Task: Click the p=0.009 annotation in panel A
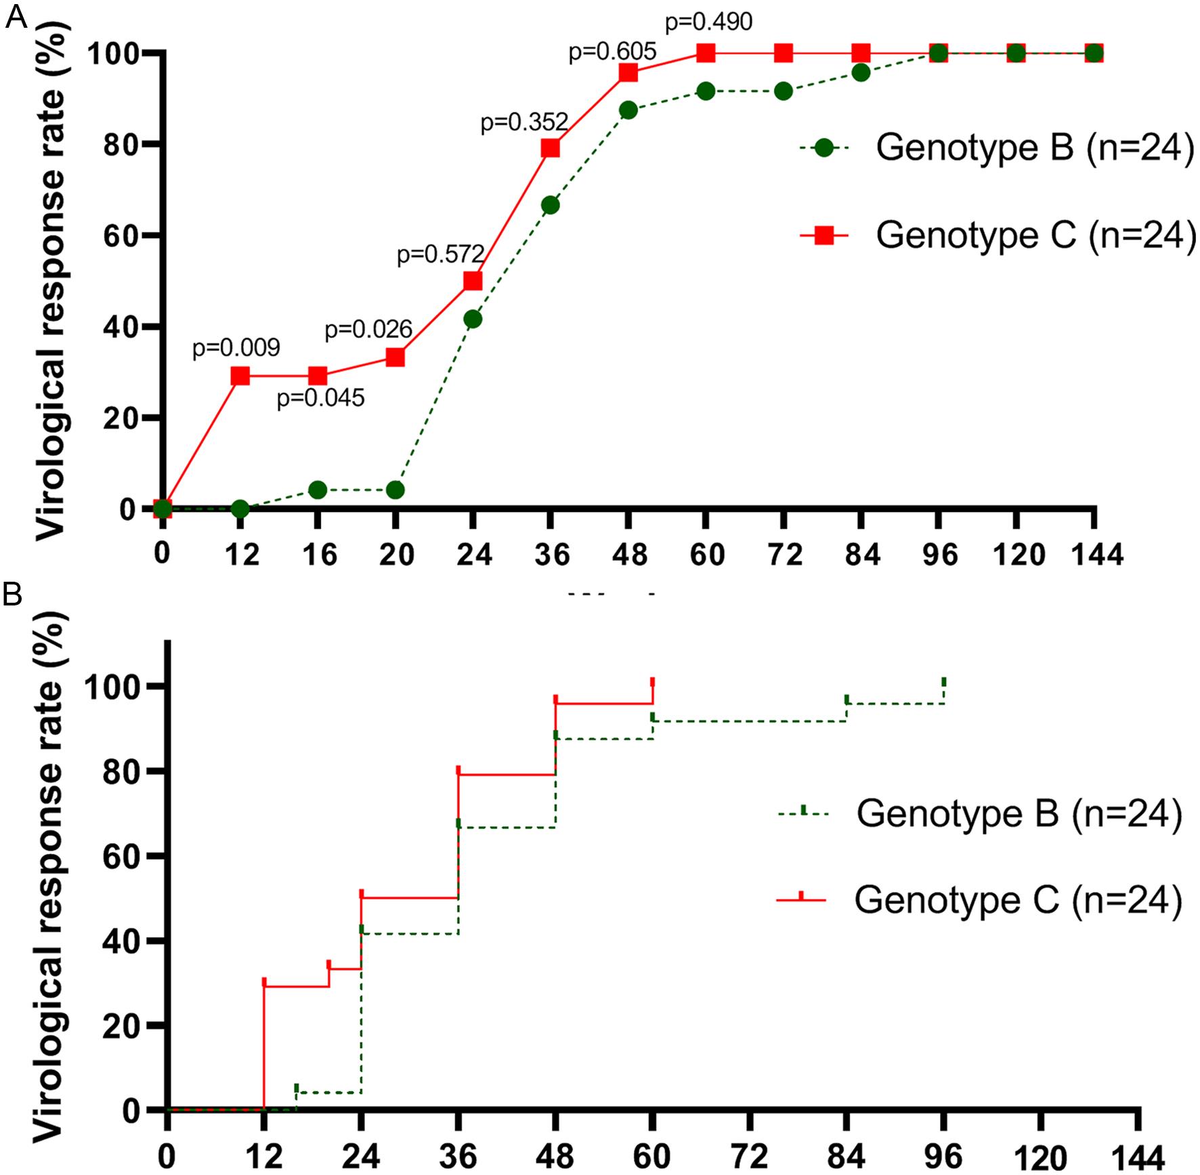pos(236,348)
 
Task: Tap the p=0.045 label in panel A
pos(320,398)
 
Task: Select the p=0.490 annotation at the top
pos(708,22)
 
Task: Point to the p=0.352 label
pos(524,123)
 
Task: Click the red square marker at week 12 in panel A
pos(240,376)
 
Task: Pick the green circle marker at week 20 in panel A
pos(395,490)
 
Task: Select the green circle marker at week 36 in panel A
pos(551,205)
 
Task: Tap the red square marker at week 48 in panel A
pos(628,72)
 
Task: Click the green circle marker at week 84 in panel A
pos(861,72)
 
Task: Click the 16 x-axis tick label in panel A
pos(320,555)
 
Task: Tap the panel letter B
pos(14,595)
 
